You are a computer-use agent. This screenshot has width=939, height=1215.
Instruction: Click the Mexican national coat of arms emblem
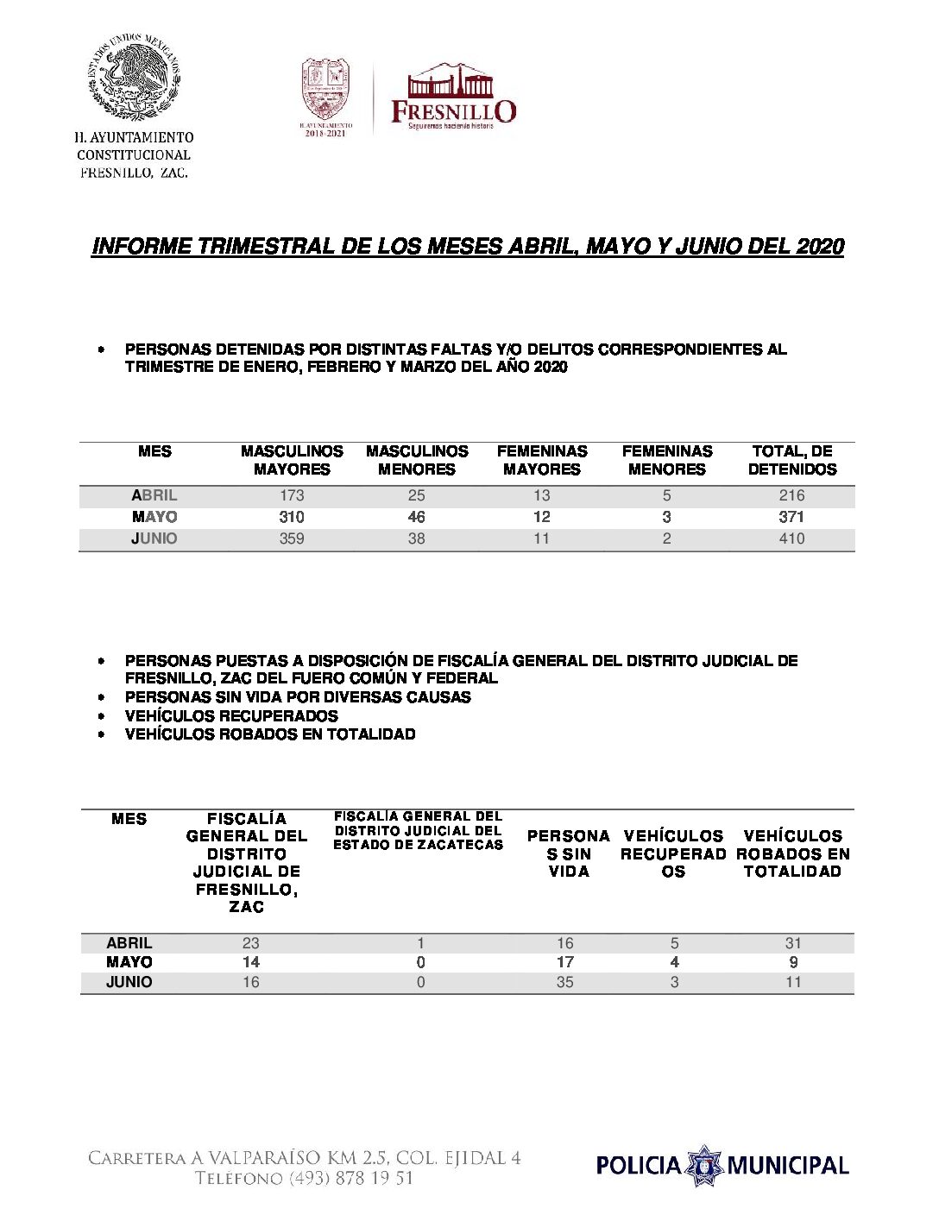pyautogui.click(x=134, y=79)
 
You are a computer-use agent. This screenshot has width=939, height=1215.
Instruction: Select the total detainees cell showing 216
pyautogui.click(x=791, y=495)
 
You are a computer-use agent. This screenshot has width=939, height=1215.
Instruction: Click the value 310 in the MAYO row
pyautogui.click(x=292, y=517)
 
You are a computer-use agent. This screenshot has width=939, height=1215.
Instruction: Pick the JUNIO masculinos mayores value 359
pyautogui.click(x=292, y=538)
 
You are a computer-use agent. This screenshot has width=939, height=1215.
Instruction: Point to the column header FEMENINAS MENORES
pyautogui.click(x=667, y=460)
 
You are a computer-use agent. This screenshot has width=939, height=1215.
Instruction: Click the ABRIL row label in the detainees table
pyautogui.click(x=154, y=495)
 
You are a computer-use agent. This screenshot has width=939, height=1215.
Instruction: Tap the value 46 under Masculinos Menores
pyautogui.click(x=416, y=517)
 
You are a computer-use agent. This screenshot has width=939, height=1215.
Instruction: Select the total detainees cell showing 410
pyautogui.click(x=791, y=538)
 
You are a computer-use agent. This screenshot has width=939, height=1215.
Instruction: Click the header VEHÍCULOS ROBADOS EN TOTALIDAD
pyautogui.click(x=792, y=853)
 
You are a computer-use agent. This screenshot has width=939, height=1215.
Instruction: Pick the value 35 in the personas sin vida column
pyautogui.click(x=565, y=982)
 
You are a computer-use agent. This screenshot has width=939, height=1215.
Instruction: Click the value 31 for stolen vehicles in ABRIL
pyautogui.click(x=793, y=943)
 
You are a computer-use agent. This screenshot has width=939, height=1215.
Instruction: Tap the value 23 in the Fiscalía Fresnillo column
pyautogui.click(x=251, y=943)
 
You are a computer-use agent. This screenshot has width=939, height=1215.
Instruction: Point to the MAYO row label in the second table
pyautogui.click(x=129, y=962)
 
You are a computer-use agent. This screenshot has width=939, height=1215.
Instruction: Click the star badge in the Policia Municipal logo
pyautogui.click(x=705, y=1166)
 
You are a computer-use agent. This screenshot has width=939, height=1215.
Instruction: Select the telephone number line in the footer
pyautogui.click(x=304, y=1179)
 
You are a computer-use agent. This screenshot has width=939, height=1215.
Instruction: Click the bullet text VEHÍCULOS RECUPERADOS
pyautogui.click(x=231, y=715)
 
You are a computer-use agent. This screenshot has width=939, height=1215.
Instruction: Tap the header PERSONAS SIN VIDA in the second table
pyautogui.click(x=568, y=853)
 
